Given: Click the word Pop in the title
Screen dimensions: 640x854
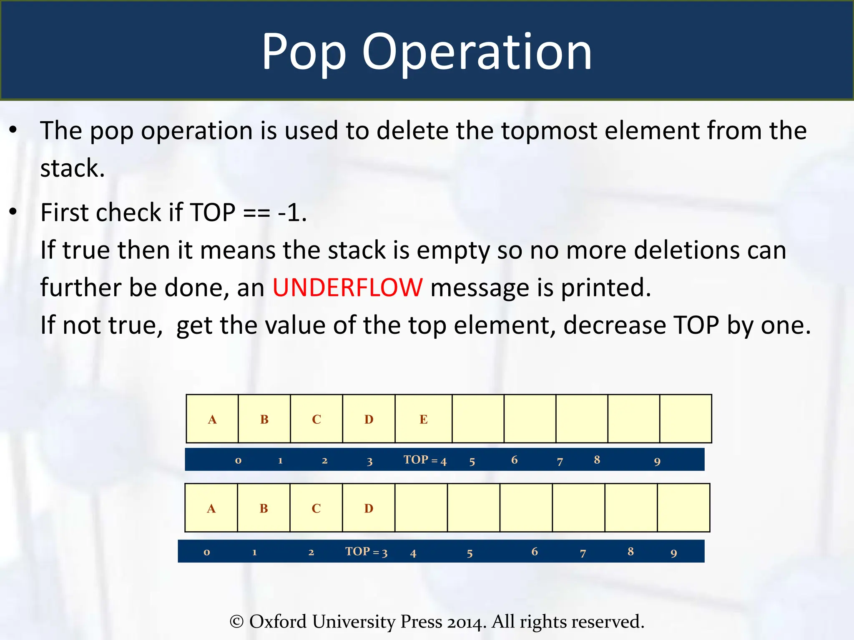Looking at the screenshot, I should tap(304, 52).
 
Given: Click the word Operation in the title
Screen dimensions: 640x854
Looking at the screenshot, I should tap(477, 52).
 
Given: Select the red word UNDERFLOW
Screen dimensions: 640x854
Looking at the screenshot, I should tap(347, 287).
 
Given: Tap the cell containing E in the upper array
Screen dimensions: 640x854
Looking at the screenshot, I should tap(423, 419).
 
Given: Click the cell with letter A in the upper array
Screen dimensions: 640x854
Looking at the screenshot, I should tap(212, 419).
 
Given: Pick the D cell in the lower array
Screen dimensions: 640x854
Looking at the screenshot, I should tap(369, 508).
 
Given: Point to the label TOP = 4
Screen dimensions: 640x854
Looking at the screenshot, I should tap(424, 460).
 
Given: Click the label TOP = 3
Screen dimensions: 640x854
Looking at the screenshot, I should tap(366, 552).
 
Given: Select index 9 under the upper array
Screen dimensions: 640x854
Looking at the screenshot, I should tap(657, 461).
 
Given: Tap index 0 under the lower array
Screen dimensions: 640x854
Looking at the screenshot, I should tap(207, 552).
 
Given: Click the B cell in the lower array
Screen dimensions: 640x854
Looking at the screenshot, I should tap(264, 508).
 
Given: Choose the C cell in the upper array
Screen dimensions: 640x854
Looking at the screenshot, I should tap(316, 419).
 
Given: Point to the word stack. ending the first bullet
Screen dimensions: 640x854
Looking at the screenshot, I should tap(72, 168).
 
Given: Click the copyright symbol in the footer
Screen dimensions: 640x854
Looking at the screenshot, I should tap(236, 622).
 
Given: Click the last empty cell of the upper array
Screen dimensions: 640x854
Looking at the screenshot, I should tap(686, 419).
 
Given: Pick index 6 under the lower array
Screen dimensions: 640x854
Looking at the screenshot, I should tap(535, 552).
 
